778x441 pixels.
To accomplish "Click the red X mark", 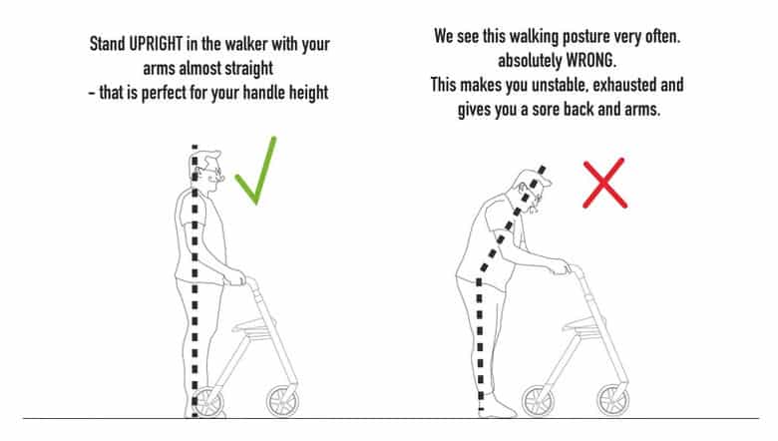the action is coord(604,183).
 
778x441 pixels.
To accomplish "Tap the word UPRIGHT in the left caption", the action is coord(156,44).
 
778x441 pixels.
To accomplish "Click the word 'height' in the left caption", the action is coord(308,93).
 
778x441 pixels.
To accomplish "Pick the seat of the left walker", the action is coord(254,326).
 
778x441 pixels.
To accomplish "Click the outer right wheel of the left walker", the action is coord(283,401).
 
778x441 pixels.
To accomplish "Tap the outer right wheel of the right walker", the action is coord(613,400).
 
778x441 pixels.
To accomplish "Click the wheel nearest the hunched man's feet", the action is coord(538,401).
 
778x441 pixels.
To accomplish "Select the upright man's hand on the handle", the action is coord(234,276).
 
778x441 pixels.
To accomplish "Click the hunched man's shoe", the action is coord(499,408).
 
